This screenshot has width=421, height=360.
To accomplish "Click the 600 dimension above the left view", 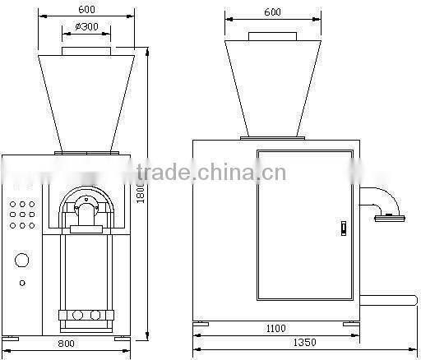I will tap(86, 10).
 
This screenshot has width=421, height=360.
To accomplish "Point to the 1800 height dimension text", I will tap(141, 192).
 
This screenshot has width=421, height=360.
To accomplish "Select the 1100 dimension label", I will tap(275, 329).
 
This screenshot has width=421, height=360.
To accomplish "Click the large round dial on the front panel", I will tap(22, 261).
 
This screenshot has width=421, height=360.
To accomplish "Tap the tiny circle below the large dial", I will tap(22, 284).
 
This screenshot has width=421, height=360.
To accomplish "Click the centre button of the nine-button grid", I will tap(22, 214).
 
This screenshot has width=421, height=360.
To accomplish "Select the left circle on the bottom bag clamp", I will tap(78, 315).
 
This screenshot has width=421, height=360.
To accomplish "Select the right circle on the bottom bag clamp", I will tap(95, 315).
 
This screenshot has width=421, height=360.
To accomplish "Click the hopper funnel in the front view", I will tap(86, 99).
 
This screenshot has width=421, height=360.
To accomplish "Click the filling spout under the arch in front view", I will tap(86, 215).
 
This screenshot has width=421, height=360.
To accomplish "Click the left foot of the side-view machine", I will tap(201, 324).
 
